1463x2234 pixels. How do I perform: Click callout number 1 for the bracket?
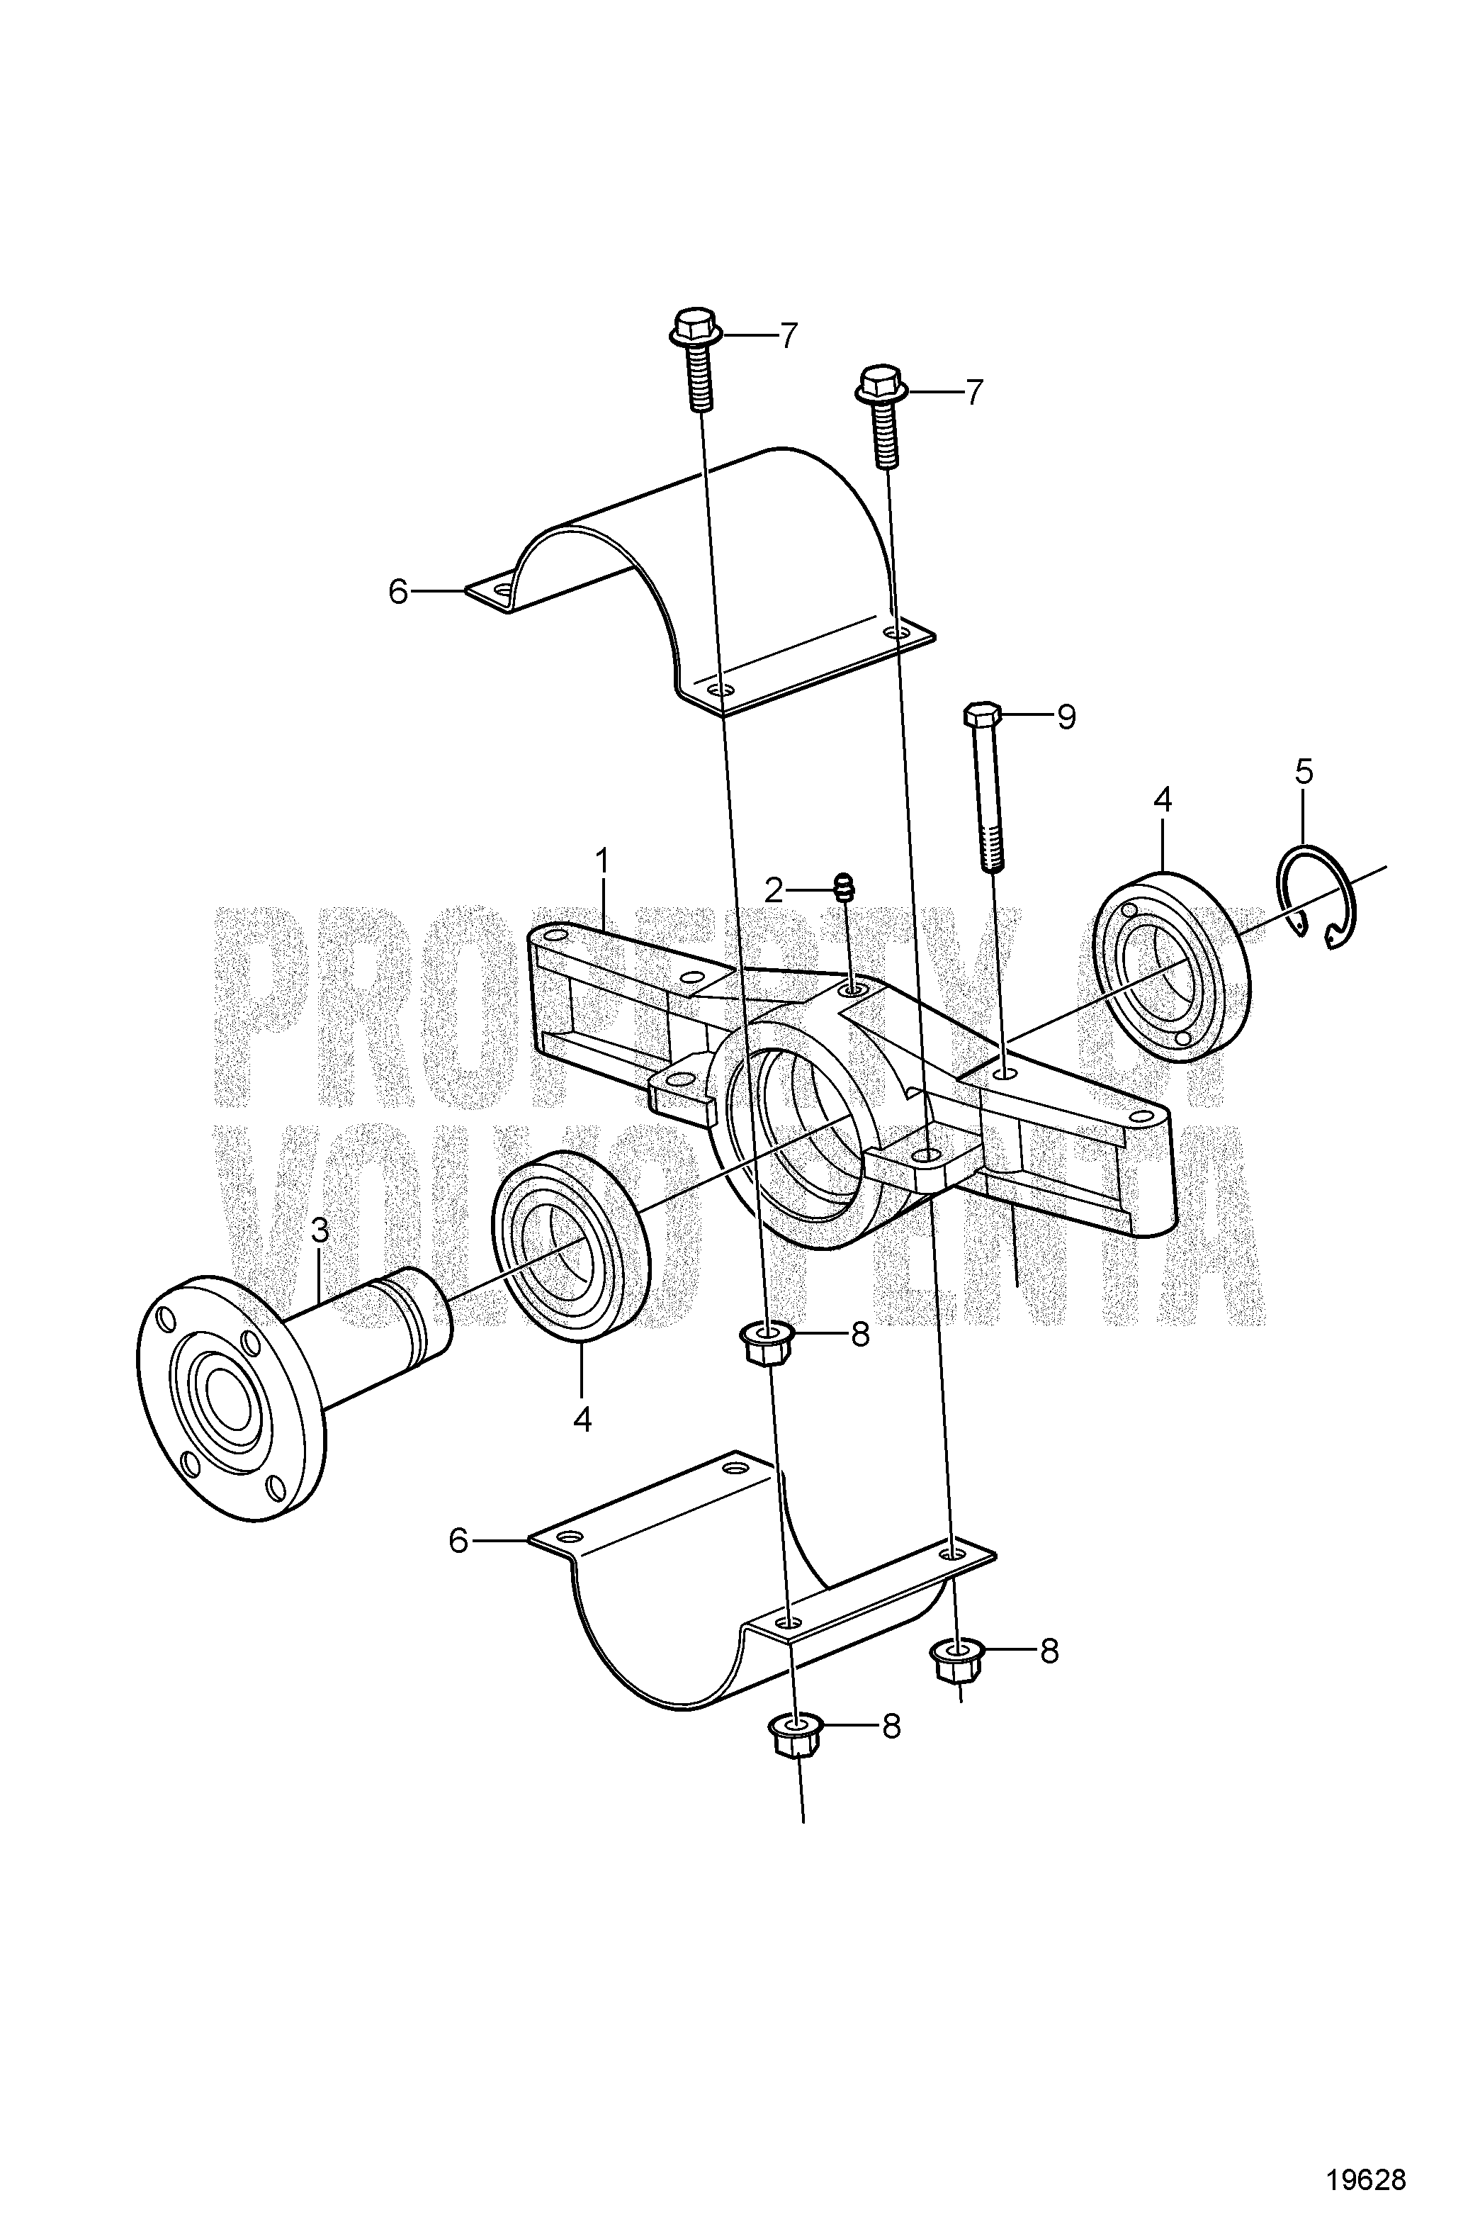(x=601, y=860)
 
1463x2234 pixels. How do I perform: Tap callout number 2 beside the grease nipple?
(x=320, y=1230)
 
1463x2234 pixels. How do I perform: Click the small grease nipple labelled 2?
(x=983, y=717)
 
